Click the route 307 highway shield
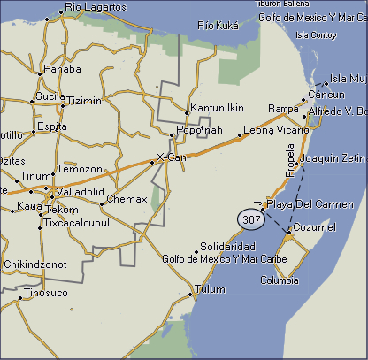coord(250,218)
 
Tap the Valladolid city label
coord(80,192)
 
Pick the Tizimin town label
coord(84,101)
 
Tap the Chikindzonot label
coord(35,264)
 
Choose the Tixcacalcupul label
coord(80,222)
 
